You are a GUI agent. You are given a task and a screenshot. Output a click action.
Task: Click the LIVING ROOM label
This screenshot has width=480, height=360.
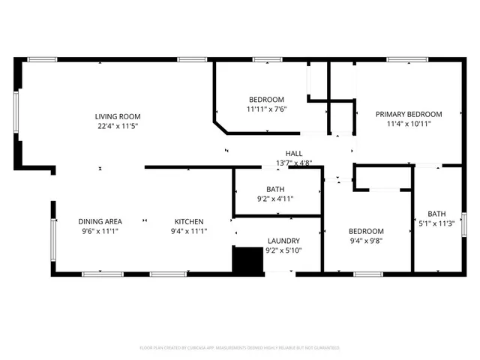tap(118, 116)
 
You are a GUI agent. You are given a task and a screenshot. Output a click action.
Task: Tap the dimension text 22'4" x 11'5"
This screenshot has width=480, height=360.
tap(118, 126)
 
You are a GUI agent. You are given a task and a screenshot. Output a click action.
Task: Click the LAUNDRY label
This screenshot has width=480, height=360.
tap(283, 241)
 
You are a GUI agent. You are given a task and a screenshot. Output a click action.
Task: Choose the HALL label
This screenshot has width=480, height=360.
tap(294, 153)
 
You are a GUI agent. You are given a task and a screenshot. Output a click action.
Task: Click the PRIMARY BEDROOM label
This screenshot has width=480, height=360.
tap(409, 114)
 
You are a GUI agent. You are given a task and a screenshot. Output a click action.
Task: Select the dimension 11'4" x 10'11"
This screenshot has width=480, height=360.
tap(409, 124)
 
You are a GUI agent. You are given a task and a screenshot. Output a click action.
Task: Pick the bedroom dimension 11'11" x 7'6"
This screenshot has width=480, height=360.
tap(266, 109)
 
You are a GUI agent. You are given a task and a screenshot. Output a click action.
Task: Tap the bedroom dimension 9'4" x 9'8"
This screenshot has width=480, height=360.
tap(367, 241)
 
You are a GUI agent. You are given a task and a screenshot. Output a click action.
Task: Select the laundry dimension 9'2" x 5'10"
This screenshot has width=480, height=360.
tap(283, 250)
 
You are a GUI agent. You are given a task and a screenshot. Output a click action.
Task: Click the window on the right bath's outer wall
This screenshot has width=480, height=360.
tap(463, 224)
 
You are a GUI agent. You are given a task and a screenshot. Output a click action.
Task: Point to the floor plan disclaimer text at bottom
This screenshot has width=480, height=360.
tap(240, 348)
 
